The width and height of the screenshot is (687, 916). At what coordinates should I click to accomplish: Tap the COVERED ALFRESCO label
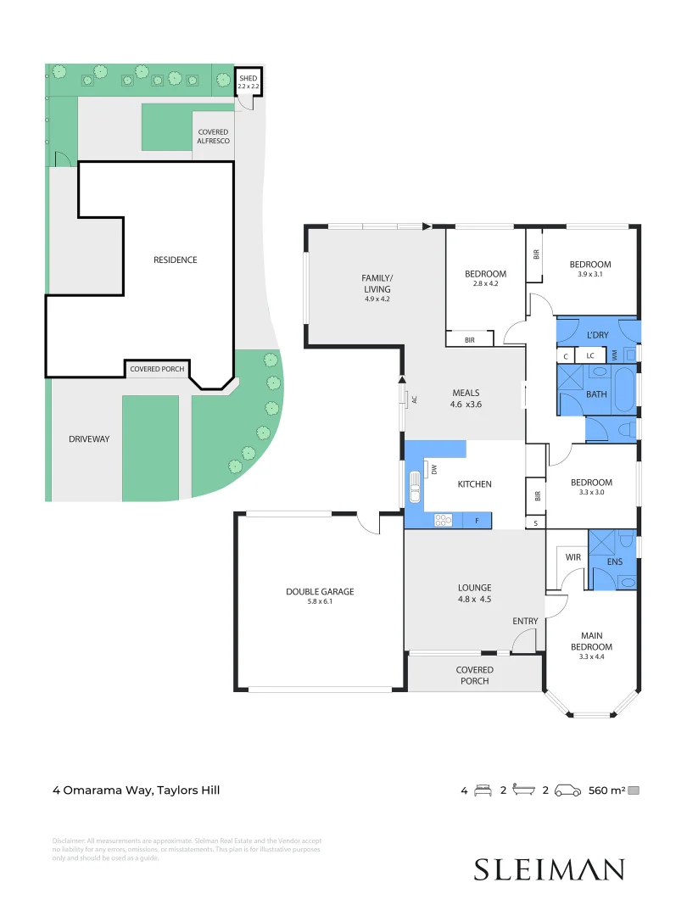click(x=214, y=137)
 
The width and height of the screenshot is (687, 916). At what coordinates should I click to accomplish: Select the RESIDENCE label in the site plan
click(x=175, y=260)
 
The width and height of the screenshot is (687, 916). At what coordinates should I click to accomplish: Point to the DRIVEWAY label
click(x=89, y=438)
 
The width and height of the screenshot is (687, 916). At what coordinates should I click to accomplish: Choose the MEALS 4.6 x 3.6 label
click(x=466, y=399)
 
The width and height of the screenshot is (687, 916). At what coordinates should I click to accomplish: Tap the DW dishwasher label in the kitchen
click(x=433, y=469)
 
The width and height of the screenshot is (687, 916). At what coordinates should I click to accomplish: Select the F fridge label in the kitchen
click(x=477, y=520)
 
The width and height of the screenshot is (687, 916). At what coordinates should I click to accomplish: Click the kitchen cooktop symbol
click(x=443, y=520)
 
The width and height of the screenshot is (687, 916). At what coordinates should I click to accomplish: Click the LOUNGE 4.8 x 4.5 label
click(x=474, y=593)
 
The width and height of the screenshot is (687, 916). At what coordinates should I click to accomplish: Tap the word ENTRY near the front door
click(x=525, y=621)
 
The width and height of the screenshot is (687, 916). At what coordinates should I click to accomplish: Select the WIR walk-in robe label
click(x=572, y=557)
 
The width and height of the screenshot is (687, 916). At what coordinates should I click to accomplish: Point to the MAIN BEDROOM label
click(x=596, y=640)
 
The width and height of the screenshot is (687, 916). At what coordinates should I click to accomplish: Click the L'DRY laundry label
click(x=598, y=335)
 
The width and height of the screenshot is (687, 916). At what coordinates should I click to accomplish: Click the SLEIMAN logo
click(x=549, y=869)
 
